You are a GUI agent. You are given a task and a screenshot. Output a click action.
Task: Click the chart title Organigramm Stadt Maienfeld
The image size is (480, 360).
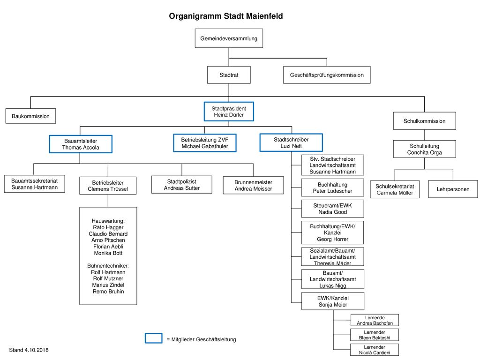pyautogui.click(x=225, y=16)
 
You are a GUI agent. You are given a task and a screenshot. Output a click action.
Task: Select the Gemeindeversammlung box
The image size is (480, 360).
pyautogui.click(x=229, y=38)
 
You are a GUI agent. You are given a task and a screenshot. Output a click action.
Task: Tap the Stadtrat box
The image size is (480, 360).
pyautogui.click(x=229, y=75)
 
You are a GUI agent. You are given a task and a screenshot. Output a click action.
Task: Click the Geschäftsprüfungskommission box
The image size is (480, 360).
pyautogui.click(x=327, y=75)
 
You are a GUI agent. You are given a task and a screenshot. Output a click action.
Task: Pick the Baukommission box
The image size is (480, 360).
pyautogui.click(x=30, y=116)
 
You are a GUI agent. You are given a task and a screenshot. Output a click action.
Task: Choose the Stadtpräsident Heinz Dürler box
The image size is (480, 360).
pyautogui.click(x=229, y=112)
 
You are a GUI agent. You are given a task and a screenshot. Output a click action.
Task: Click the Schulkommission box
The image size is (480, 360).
pyautogui.click(x=424, y=121)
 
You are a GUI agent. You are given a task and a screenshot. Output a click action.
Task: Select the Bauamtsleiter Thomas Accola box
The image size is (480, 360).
pyautogui.click(x=81, y=144)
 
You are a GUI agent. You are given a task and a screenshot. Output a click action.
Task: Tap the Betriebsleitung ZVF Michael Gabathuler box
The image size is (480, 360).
pyautogui.click(x=205, y=143)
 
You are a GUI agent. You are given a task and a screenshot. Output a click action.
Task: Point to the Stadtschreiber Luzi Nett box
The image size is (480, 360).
pyautogui.click(x=291, y=142)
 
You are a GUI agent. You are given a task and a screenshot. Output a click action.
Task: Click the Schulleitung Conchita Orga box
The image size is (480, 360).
pyautogui.click(x=424, y=149)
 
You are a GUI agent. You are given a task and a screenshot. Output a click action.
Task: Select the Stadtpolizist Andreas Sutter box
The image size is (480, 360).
pyautogui.click(x=182, y=185)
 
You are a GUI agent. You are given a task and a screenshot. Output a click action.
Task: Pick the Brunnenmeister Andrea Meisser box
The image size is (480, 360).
pyautogui.click(x=253, y=185)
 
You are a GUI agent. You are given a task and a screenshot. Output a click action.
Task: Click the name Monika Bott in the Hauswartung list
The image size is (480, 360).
pyautogui.click(x=108, y=253)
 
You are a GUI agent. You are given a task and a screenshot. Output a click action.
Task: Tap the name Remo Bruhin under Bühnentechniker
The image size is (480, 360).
pyautogui.click(x=108, y=292)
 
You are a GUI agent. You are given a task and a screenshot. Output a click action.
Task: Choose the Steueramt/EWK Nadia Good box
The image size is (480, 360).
pyautogui.click(x=332, y=209)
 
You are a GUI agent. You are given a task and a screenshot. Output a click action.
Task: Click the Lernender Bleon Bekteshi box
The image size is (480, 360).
pyautogui.click(x=375, y=335)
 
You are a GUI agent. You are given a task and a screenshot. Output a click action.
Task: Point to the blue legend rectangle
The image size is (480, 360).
pyautogui.click(x=153, y=338)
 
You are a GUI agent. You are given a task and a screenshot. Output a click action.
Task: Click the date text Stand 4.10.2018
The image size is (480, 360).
pyautogui.click(x=29, y=350)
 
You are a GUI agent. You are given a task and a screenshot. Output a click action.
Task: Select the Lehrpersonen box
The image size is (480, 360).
pyautogui.click(x=453, y=189)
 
